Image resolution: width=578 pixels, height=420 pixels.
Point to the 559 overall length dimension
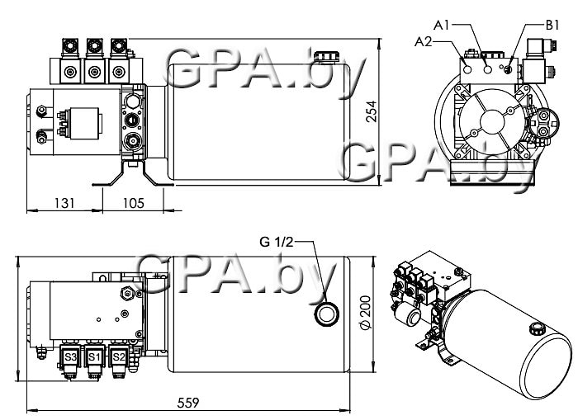coord(189,403)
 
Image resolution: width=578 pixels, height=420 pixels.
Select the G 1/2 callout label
coord(277,242)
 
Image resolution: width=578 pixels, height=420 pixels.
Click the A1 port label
coord(443,26)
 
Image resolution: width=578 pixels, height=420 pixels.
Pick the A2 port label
coord(424,40)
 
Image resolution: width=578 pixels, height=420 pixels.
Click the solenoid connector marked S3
coord(71,356)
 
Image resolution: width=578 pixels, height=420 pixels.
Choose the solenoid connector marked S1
coord(95,356)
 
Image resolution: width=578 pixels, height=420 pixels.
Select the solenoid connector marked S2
coord(119,356)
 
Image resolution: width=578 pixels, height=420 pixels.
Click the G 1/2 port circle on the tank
coord(327,314)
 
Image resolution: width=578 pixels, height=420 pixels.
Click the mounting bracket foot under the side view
coord(133,176)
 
